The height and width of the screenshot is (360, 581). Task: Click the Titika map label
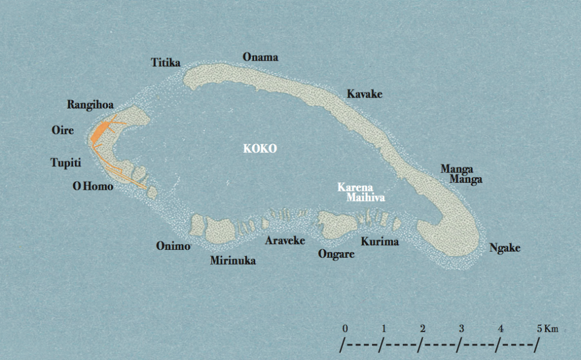pyautogui.click(x=166, y=62)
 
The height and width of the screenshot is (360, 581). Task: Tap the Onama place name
pyautogui.click(x=260, y=57)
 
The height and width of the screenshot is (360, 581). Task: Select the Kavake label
pyautogui.click(x=365, y=94)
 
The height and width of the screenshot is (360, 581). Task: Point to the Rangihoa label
pyautogui.click(x=90, y=104)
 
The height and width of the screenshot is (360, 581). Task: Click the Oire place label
pyautogui.click(x=62, y=130)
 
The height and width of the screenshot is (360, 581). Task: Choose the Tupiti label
pyautogui.click(x=66, y=163)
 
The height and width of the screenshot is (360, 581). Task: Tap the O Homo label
pyautogui.click(x=93, y=186)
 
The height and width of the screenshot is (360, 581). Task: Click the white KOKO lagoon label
pyautogui.click(x=260, y=149)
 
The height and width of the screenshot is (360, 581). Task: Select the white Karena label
pyautogui.click(x=355, y=187)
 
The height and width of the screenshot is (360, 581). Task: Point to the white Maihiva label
pyautogui.click(x=366, y=198)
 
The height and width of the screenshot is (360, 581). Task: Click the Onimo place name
pyautogui.click(x=173, y=246)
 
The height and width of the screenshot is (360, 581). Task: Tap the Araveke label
pyautogui.click(x=285, y=240)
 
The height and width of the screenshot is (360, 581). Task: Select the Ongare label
pyautogui.click(x=336, y=254)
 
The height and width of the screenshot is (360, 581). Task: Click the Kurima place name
pyautogui.click(x=380, y=241)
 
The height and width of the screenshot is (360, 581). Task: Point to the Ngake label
pyautogui.click(x=504, y=248)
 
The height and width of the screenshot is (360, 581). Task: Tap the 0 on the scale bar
pyautogui.click(x=345, y=329)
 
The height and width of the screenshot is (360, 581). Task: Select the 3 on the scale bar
pyautogui.click(x=462, y=329)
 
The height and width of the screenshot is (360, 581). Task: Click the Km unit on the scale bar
pyautogui.click(x=551, y=329)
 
